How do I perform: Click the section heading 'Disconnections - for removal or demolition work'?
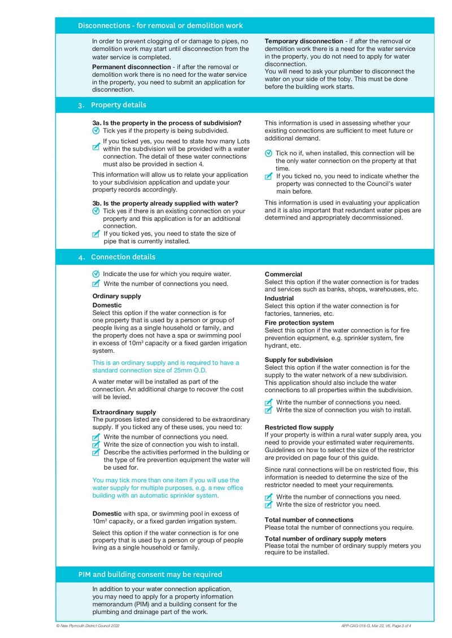point(160,25)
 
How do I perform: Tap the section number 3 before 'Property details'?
point(81,105)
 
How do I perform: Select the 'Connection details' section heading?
point(123,257)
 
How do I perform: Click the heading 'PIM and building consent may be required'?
point(150,574)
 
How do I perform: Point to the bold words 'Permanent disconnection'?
point(131,67)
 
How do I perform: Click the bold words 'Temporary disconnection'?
point(304,41)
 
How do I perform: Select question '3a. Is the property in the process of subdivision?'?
point(167,123)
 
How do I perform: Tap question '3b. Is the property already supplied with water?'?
point(165,203)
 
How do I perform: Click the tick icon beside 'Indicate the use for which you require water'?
point(96,274)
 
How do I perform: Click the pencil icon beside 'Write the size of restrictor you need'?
point(269,505)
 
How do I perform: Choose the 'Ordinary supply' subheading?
point(116,296)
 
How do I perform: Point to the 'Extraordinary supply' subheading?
point(124,412)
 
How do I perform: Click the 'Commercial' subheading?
point(283,274)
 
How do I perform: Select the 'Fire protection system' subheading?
point(299,323)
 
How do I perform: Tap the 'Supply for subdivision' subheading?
point(298,360)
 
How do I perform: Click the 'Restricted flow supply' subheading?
point(299,427)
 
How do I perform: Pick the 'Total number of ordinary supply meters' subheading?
point(325,539)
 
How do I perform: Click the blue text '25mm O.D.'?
point(189,370)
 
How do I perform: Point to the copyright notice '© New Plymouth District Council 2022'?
point(88,626)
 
